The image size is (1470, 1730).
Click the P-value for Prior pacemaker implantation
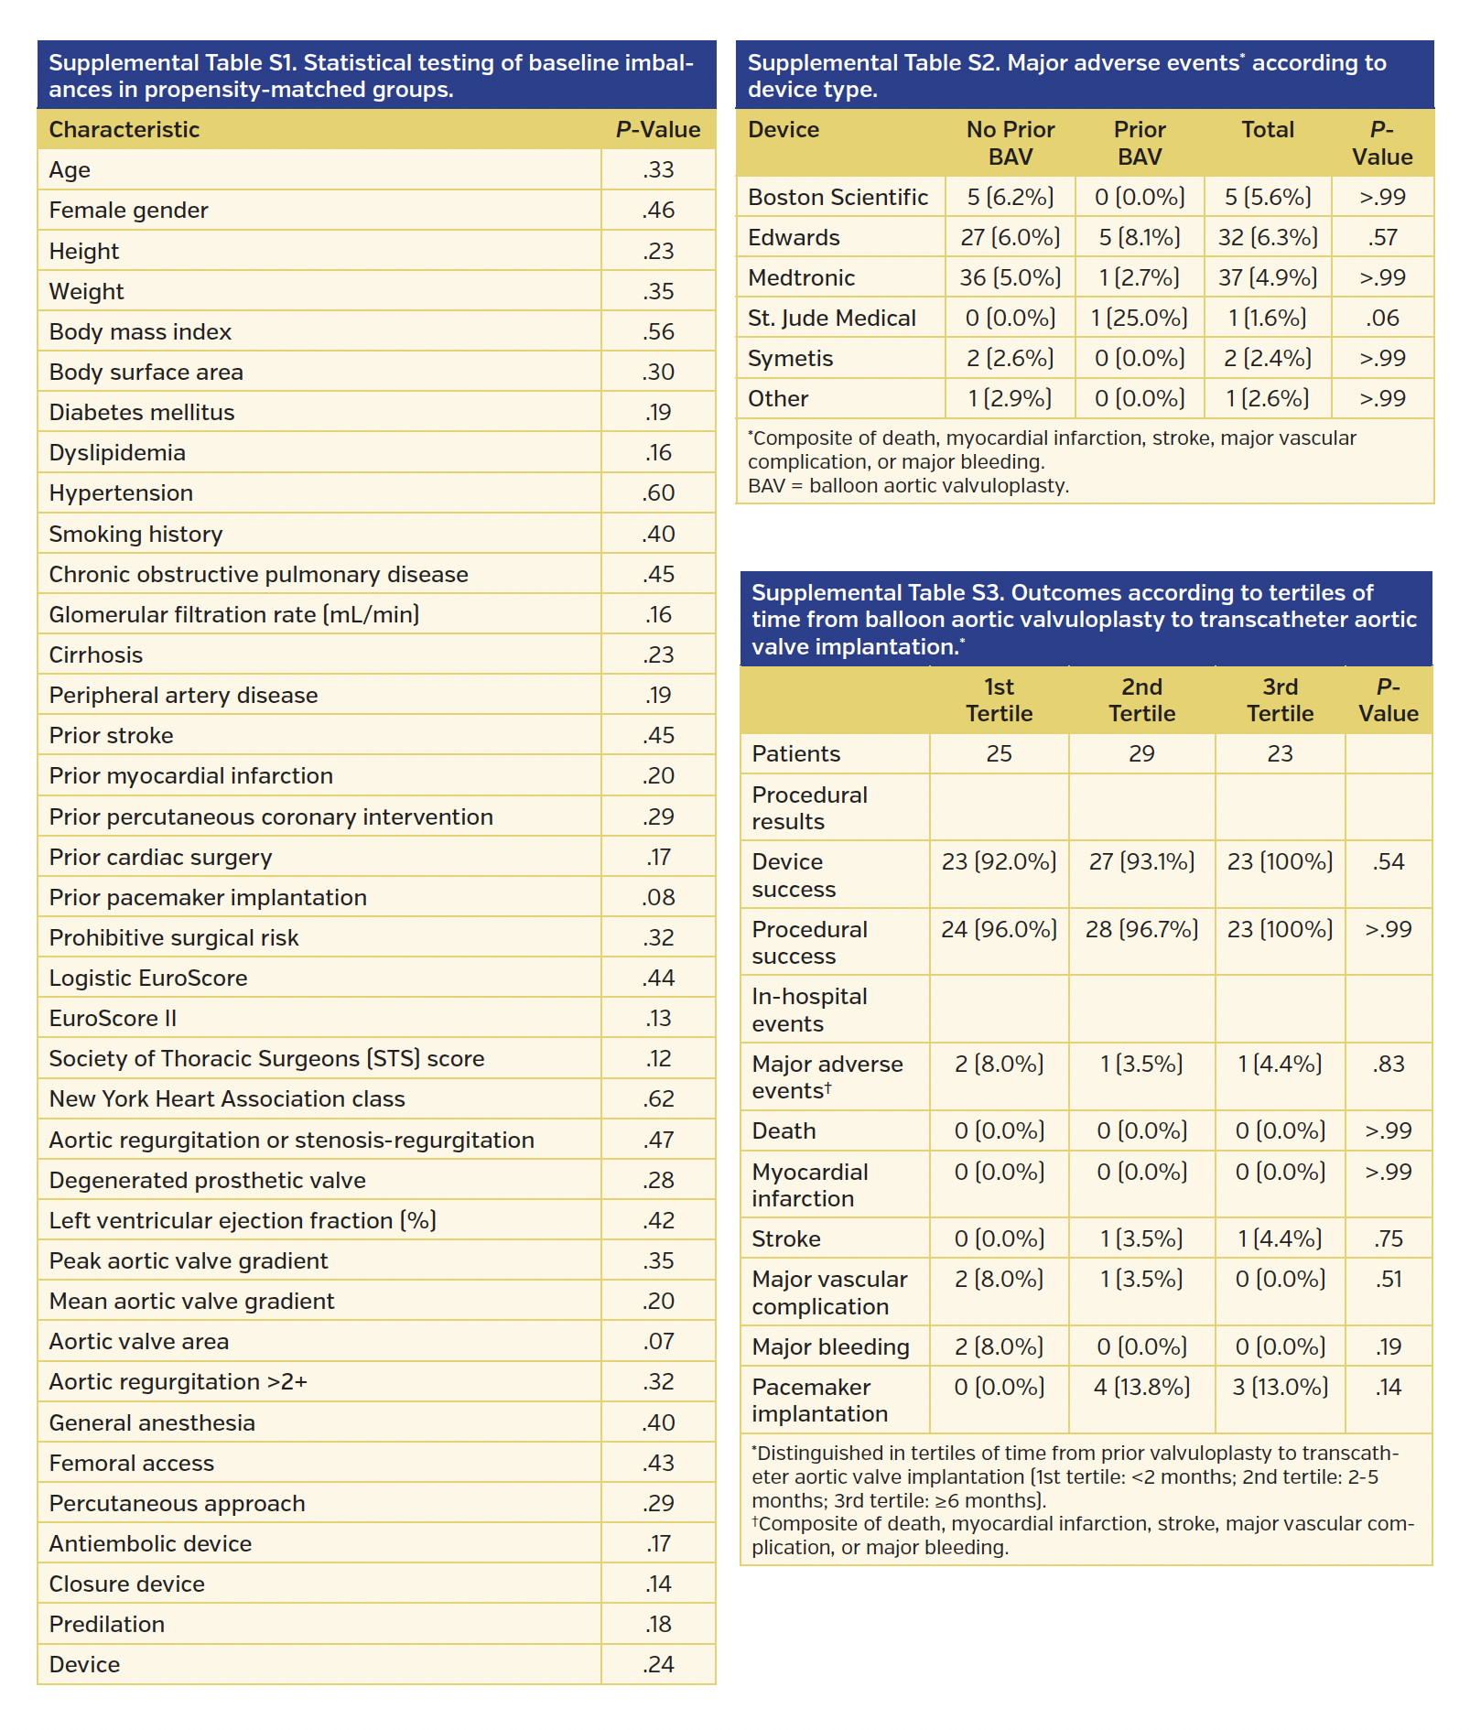click(x=658, y=897)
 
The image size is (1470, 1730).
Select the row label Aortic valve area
click(x=139, y=1341)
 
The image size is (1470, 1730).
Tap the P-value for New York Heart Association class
click(x=658, y=1098)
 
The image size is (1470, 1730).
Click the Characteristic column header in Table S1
click(x=124, y=129)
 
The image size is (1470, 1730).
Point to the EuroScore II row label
click(x=113, y=1018)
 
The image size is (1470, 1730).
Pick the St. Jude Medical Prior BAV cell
click(x=1139, y=318)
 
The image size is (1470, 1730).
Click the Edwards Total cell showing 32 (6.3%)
click(x=1267, y=237)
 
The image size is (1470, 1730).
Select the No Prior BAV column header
click(x=1010, y=143)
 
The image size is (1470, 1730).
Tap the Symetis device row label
click(x=790, y=358)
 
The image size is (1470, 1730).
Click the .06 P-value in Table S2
click(x=1382, y=318)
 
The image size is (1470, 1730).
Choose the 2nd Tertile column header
click(x=1141, y=700)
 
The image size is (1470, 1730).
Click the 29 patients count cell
click(x=1141, y=753)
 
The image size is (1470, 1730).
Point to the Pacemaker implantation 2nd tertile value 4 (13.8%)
click(x=1141, y=1387)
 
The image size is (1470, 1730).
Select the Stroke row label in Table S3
click(x=786, y=1238)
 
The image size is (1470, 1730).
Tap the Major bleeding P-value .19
click(x=1388, y=1346)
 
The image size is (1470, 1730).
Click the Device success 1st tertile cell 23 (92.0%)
click(x=999, y=861)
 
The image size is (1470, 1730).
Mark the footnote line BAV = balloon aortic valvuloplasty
click(x=908, y=486)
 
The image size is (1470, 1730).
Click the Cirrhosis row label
click(x=96, y=654)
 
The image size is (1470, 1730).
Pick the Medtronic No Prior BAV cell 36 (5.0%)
click(x=1010, y=277)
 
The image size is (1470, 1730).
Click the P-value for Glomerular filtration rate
click(x=658, y=614)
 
